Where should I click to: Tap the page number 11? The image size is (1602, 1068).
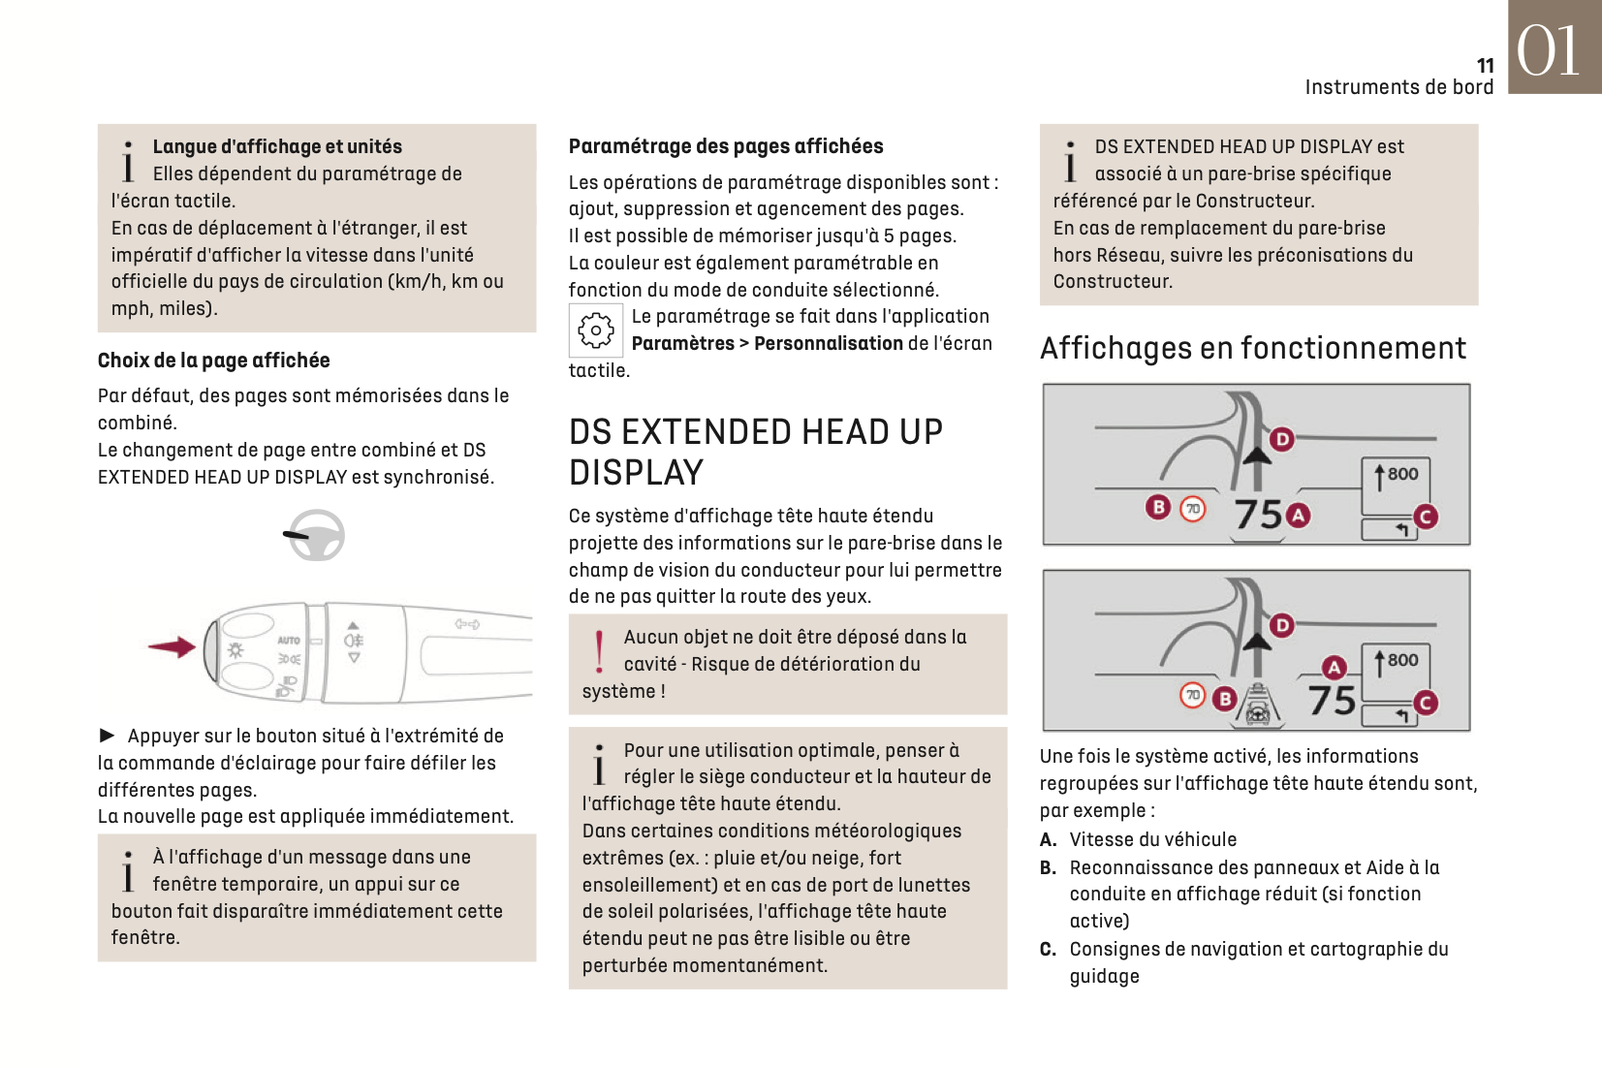pyautogui.click(x=1485, y=66)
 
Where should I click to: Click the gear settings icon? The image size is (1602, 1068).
pyautogui.click(x=595, y=330)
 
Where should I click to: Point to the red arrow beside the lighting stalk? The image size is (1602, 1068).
pyautogui.click(x=173, y=646)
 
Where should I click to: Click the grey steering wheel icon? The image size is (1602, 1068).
pyautogui.click(x=316, y=535)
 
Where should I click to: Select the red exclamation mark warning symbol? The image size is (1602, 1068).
pyautogui.click(x=599, y=651)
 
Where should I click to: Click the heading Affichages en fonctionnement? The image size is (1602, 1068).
pyautogui.click(x=1252, y=348)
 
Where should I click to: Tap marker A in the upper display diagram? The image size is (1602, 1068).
pyautogui.click(x=1298, y=516)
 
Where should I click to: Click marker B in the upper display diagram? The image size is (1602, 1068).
pyautogui.click(x=1158, y=507)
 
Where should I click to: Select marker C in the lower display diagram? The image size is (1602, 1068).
pyautogui.click(x=1425, y=703)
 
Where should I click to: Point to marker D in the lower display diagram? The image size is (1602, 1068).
pyautogui.click(x=1282, y=625)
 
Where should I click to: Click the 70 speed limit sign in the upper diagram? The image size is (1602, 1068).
pyautogui.click(x=1193, y=508)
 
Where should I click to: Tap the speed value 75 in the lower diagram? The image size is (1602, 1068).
pyautogui.click(x=1332, y=700)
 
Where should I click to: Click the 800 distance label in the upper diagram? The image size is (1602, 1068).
pyautogui.click(x=1402, y=474)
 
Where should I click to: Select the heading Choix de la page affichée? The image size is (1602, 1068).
pyautogui.click(x=213, y=361)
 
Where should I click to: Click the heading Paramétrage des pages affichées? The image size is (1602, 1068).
pyautogui.click(x=725, y=146)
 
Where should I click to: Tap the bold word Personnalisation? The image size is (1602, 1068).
pyautogui.click(x=828, y=343)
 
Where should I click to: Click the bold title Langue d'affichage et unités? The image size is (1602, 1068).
pyautogui.click(x=277, y=146)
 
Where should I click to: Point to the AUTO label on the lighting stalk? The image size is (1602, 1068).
pyautogui.click(x=289, y=641)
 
